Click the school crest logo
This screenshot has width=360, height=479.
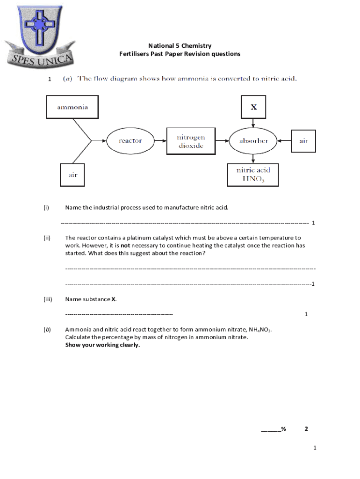click(40, 35)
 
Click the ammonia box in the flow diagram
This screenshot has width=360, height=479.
click(72, 107)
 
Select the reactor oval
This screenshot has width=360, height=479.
click(130, 140)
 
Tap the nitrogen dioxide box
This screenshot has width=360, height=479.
click(190, 141)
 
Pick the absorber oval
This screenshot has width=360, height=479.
click(253, 140)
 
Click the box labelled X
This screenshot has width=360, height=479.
click(253, 107)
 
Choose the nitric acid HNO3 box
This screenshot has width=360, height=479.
click(253, 174)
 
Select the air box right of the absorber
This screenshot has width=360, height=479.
click(303, 140)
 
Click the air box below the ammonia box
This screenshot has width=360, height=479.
click(73, 174)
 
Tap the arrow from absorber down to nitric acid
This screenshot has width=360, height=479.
click(253, 158)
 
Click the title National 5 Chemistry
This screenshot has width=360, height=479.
click(180, 46)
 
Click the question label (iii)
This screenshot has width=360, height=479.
click(48, 299)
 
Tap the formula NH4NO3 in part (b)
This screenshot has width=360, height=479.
click(259, 330)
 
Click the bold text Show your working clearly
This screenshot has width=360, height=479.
click(102, 345)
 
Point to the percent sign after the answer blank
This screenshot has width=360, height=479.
click(283, 429)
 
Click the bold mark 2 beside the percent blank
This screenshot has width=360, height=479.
click(306, 429)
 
